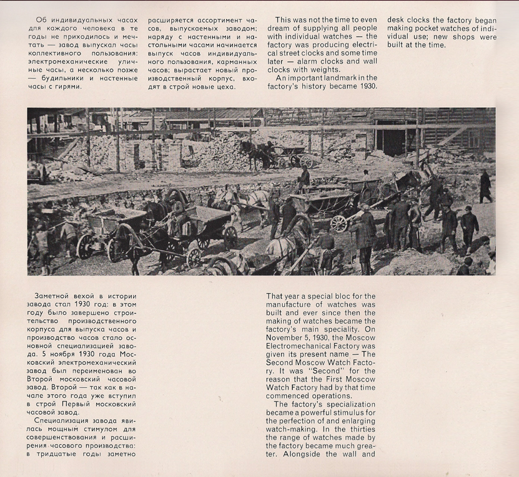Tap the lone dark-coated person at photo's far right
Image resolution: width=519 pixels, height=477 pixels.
click(x=485, y=186)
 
